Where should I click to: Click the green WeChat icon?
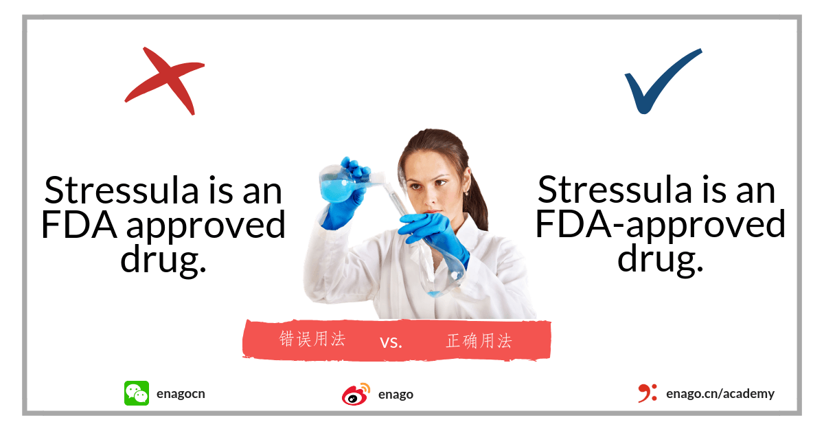(137, 393)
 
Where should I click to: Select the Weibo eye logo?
(356, 395)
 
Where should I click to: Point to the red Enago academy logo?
(648, 393)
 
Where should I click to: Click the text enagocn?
(181, 394)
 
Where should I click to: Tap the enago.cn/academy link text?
(720, 393)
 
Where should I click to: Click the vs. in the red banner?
(391, 342)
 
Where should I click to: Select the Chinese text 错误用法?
(312, 339)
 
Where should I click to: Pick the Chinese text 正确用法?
(479, 341)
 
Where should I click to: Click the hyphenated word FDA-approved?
(661, 224)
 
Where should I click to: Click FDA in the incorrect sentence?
(79, 225)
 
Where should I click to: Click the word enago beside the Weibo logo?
(396, 395)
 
